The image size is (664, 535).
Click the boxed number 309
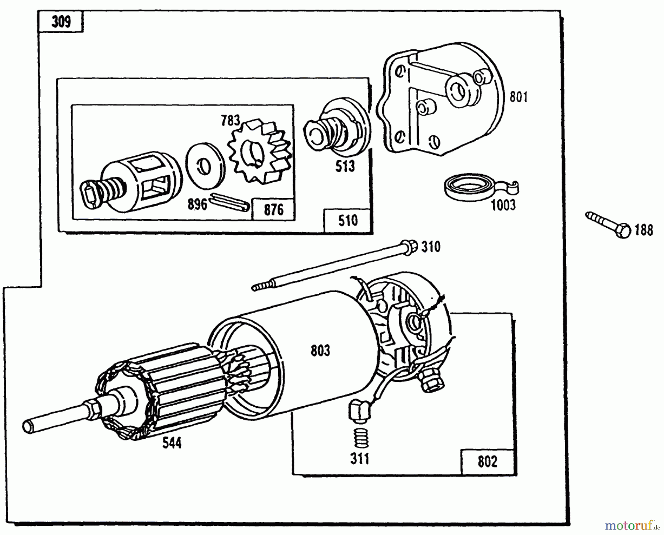point(61,22)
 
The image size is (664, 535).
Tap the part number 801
point(518,97)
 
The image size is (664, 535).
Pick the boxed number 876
point(274,210)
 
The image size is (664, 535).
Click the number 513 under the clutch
point(345,166)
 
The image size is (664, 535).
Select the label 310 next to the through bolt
point(430,246)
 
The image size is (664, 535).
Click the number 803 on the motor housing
point(320,351)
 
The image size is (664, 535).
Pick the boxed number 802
point(487,462)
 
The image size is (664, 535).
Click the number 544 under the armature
point(172,443)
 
